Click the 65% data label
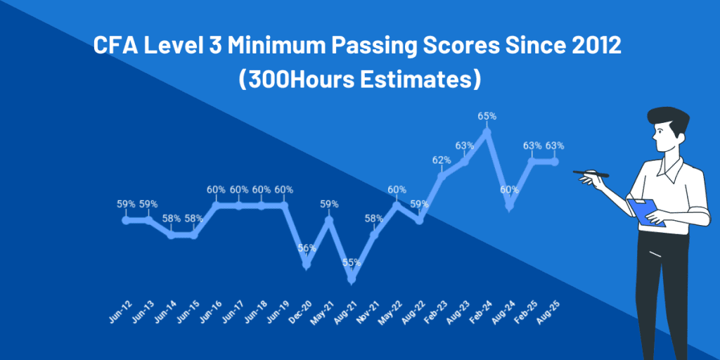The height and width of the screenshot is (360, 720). point(487,116)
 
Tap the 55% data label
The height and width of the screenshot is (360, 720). point(352,262)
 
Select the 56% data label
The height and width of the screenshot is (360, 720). point(307,248)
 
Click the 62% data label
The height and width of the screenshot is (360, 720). point(442,160)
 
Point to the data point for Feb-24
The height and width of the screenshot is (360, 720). point(487,131)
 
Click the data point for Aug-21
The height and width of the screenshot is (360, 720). point(352,279)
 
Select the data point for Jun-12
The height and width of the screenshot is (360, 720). point(126,220)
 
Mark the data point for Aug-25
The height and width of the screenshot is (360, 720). point(555,162)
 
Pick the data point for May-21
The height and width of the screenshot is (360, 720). point(329,220)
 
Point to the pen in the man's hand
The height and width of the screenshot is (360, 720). point(590,173)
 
